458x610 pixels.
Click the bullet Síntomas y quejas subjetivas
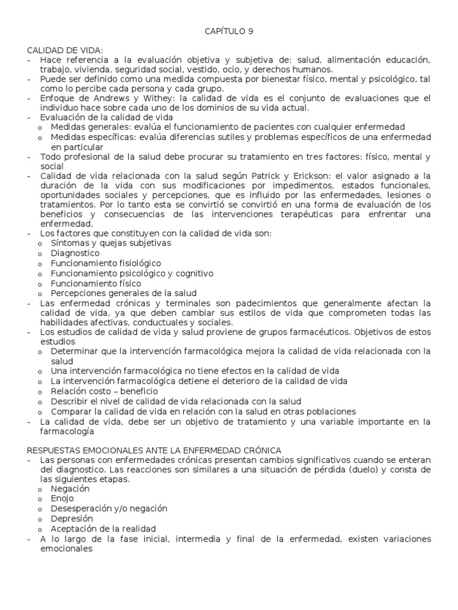(x=111, y=243)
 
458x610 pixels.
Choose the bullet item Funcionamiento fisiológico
(x=106, y=263)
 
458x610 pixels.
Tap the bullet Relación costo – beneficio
(x=104, y=391)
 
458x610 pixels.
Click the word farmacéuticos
(x=295, y=332)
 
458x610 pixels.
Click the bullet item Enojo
(x=62, y=498)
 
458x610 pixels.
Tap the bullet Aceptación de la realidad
(x=103, y=528)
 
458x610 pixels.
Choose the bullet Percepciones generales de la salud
(x=123, y=293)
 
